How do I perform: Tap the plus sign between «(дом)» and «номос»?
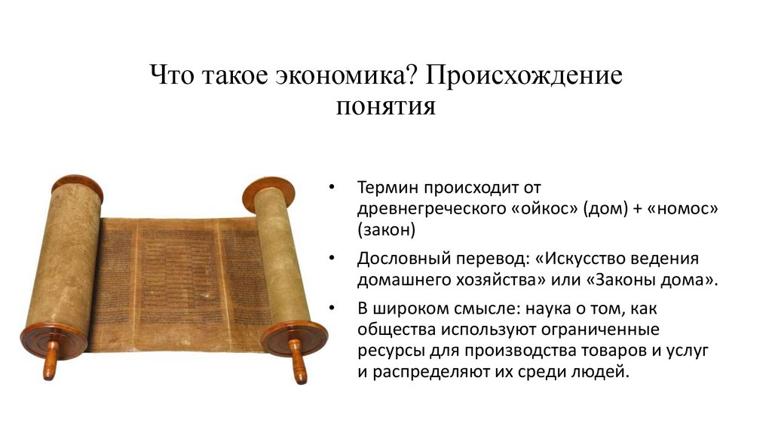[x=635, y=209]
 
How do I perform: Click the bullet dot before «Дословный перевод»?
[x=333, y=259]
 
